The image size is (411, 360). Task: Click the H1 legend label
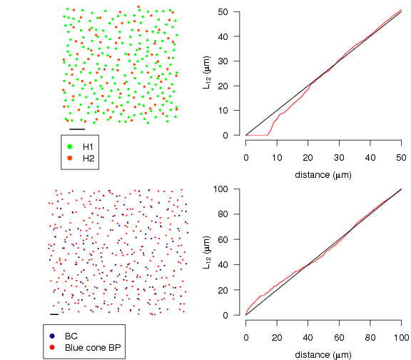tap(88, 146)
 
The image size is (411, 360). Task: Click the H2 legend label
tap(88, 157)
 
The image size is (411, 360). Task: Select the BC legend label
tap(71, 335)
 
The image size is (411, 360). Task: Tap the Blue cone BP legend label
tap(92, 346)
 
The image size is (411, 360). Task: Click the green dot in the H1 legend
tap(71, 146)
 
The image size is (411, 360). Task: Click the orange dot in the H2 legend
tap(71, 157)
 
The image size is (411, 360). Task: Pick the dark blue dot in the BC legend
tap(53, 335)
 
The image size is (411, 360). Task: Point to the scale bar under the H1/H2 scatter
tap(77, 129)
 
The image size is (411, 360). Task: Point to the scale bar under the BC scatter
tap(54, 314)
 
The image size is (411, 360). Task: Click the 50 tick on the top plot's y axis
tap(235, 11)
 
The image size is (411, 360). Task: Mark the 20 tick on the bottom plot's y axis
tap(235, 290)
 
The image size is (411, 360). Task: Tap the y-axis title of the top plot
tap(208, 74)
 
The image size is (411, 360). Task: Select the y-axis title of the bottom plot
tap(208, 252)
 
